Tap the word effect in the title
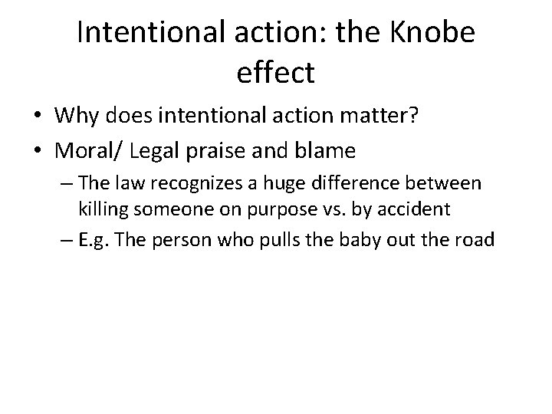pyautogui.click(x=276, y=72)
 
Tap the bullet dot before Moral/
pyautogui.click(x=38, y=152)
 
